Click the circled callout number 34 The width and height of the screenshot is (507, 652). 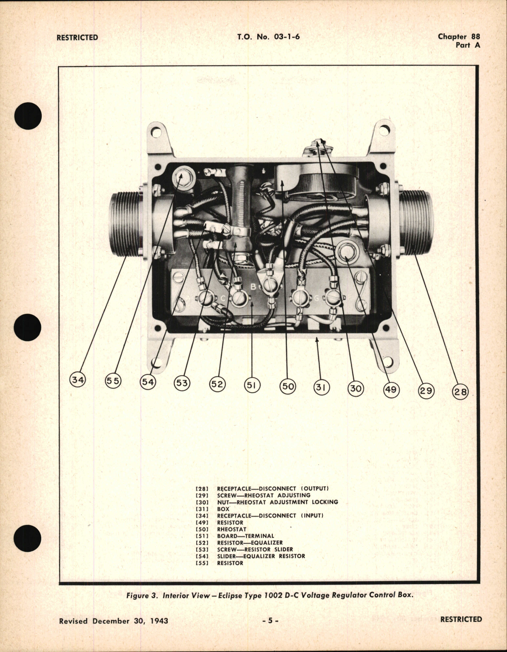(78, 380)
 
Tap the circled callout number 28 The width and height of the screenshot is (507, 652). (460, 391)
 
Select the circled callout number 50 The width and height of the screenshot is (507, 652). (288, 386)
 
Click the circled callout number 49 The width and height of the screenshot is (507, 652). (391, 389)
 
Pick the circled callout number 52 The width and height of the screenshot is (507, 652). (217, 384)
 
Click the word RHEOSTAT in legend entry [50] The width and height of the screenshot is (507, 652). (231, 529)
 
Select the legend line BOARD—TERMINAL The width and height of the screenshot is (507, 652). (245, 536)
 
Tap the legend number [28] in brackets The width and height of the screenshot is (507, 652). (202, 488)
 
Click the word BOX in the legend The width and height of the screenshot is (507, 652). (223, 509)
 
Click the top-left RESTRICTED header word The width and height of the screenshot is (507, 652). (77, 38)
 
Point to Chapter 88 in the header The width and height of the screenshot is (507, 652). (459, 37)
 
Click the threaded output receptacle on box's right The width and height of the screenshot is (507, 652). (417, 222)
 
